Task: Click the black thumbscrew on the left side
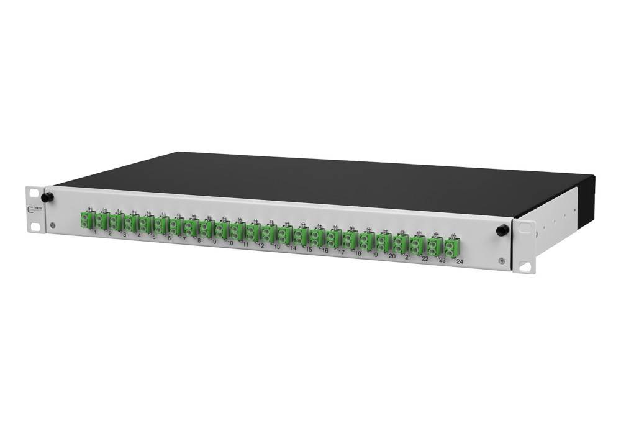pos(48,197)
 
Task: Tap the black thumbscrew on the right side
pos(501,230)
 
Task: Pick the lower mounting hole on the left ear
pos(35,227)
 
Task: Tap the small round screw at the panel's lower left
pos(53,224)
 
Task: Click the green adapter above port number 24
pos(453,248)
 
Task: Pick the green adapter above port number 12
pos(253,232)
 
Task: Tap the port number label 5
pos(153,237)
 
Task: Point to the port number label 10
pos(230,243)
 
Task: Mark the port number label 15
pos(309,249)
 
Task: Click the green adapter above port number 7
pos(176,227)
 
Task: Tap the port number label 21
pos(407,257)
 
